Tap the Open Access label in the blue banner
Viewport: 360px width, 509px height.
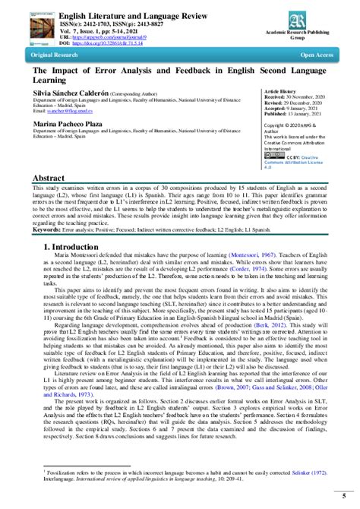pos(319,55)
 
